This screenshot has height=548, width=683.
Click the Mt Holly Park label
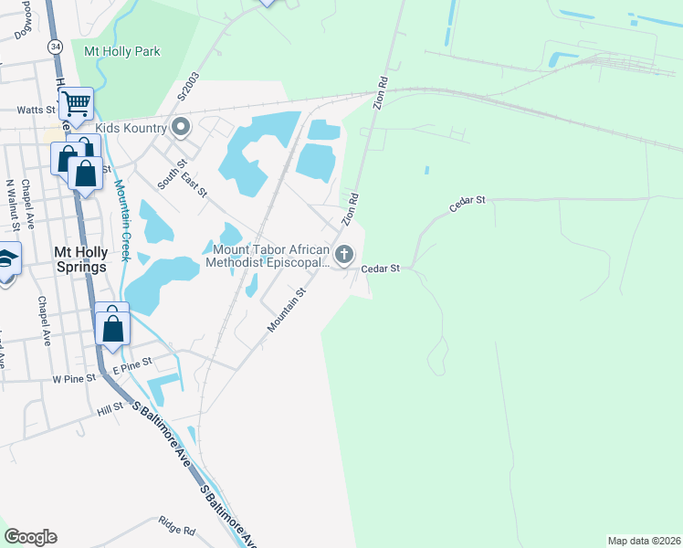pyautogui.click(x=121, y=51)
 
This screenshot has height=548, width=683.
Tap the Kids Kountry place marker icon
pyautogui.click(x=181, y=128)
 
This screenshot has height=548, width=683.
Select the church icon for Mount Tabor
pyautogui.click(x=344, y=255)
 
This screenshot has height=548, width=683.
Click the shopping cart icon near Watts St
pyautogui.click(x=77, y=103)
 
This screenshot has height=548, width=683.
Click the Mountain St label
pyautogui.click(x=286, y=310)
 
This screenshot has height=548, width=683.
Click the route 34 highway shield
pyautogui.click(x=57, y=46)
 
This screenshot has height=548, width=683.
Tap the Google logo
pyautogui.click(x=30, y=537)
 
